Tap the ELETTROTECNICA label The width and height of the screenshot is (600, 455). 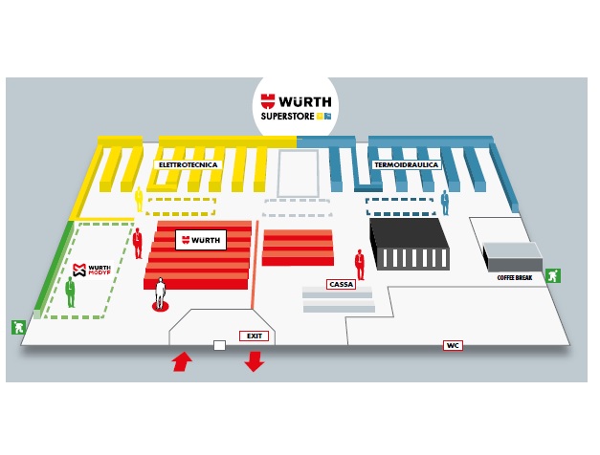tap(188, 165)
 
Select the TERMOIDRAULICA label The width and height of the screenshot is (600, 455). tap(406, 165)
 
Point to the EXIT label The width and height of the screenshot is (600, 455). tap(254, 336)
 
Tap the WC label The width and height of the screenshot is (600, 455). tap(452, 345)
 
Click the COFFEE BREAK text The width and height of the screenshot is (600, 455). tap(516, 277)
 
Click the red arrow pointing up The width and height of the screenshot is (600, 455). tap(180, 361)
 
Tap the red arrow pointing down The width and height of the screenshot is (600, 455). tap(255, 361)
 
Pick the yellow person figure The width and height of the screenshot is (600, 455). tap(139, 199)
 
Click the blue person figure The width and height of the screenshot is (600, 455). tap(444, 202)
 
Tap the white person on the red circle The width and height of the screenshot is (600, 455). tap(161, 292)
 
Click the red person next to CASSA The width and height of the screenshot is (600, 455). tap(360, 263)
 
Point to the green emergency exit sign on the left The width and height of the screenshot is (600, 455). tap(16, 326)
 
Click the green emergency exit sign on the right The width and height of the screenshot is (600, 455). tap(552, 276)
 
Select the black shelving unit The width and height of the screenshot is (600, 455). tap(410, 243)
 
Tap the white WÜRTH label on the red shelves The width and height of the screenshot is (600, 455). tap(201, 239)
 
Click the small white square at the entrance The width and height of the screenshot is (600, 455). tap(219, 345)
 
